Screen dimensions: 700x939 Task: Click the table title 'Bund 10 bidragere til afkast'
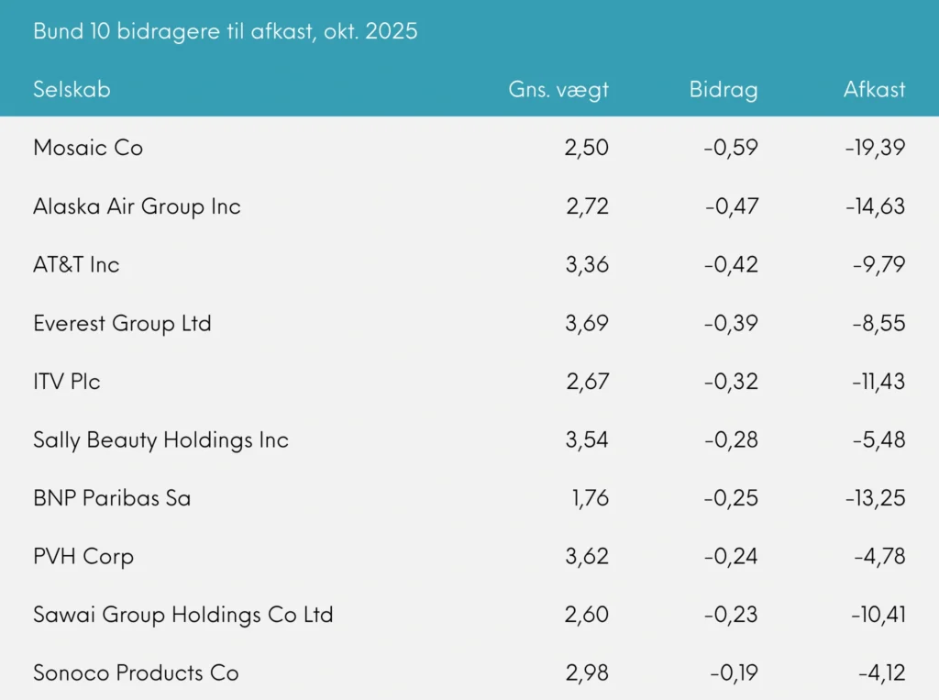tap(225, 31)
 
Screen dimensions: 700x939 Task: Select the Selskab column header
tap(72, 89)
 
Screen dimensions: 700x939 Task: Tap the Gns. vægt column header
tap(558, 89)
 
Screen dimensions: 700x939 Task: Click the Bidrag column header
tap(724, 89)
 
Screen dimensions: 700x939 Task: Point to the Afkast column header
tap(874, 89)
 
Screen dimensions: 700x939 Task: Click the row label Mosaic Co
tap(88, 148)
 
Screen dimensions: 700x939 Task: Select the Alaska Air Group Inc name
tap(137, 206)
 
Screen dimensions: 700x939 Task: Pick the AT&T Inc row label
tap(76, 265)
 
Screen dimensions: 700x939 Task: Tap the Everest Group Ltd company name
tap(122, 324)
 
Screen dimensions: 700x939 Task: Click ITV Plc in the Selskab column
tap(67, 382)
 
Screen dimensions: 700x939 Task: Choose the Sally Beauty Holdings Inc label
tap(160, 440)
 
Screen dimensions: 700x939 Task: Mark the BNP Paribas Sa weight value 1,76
tap(588, 499)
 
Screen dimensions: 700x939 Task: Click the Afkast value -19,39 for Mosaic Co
tap(875, 148)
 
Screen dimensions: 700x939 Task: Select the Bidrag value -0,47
tap(732, 206)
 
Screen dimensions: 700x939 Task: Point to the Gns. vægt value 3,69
tap(587, 324)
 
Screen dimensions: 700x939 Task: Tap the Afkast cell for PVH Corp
tap(880, 557)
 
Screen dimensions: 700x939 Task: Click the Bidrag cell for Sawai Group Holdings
tap(732, 615)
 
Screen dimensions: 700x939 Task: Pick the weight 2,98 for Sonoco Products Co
tap(587, 673)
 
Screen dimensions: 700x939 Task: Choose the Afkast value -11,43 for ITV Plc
tap(877, 382)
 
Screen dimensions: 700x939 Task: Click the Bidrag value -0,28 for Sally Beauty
tap(732, 440)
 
